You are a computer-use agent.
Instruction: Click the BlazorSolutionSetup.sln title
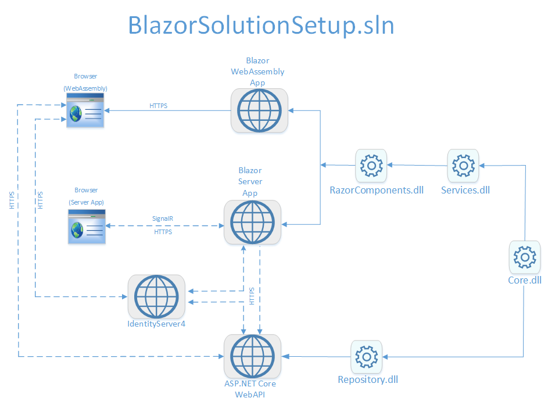click(261, 26)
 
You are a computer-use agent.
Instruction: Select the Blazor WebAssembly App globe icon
click(259, 110)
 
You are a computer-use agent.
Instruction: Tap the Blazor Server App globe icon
click(253, 223)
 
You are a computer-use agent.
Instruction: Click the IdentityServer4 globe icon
click(156, 296)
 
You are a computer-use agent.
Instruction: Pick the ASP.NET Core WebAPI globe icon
click(253, 356)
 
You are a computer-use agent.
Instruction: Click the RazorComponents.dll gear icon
click(371, 166)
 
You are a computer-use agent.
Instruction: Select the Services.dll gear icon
click(463, 166)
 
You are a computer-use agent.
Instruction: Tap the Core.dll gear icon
click(525, 257)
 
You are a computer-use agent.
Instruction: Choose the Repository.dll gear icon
click(367, 356)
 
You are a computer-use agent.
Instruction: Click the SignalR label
click(163, 219)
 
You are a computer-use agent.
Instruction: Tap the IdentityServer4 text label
click(156, 323)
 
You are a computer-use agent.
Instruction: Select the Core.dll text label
click(525, 280)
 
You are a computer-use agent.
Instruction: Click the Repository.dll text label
click(368, 380)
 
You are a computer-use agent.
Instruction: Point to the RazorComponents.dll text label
click(377, 190)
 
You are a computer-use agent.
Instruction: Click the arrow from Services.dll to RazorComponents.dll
click(418, 166)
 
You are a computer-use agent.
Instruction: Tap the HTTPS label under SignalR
click(163, 232)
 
